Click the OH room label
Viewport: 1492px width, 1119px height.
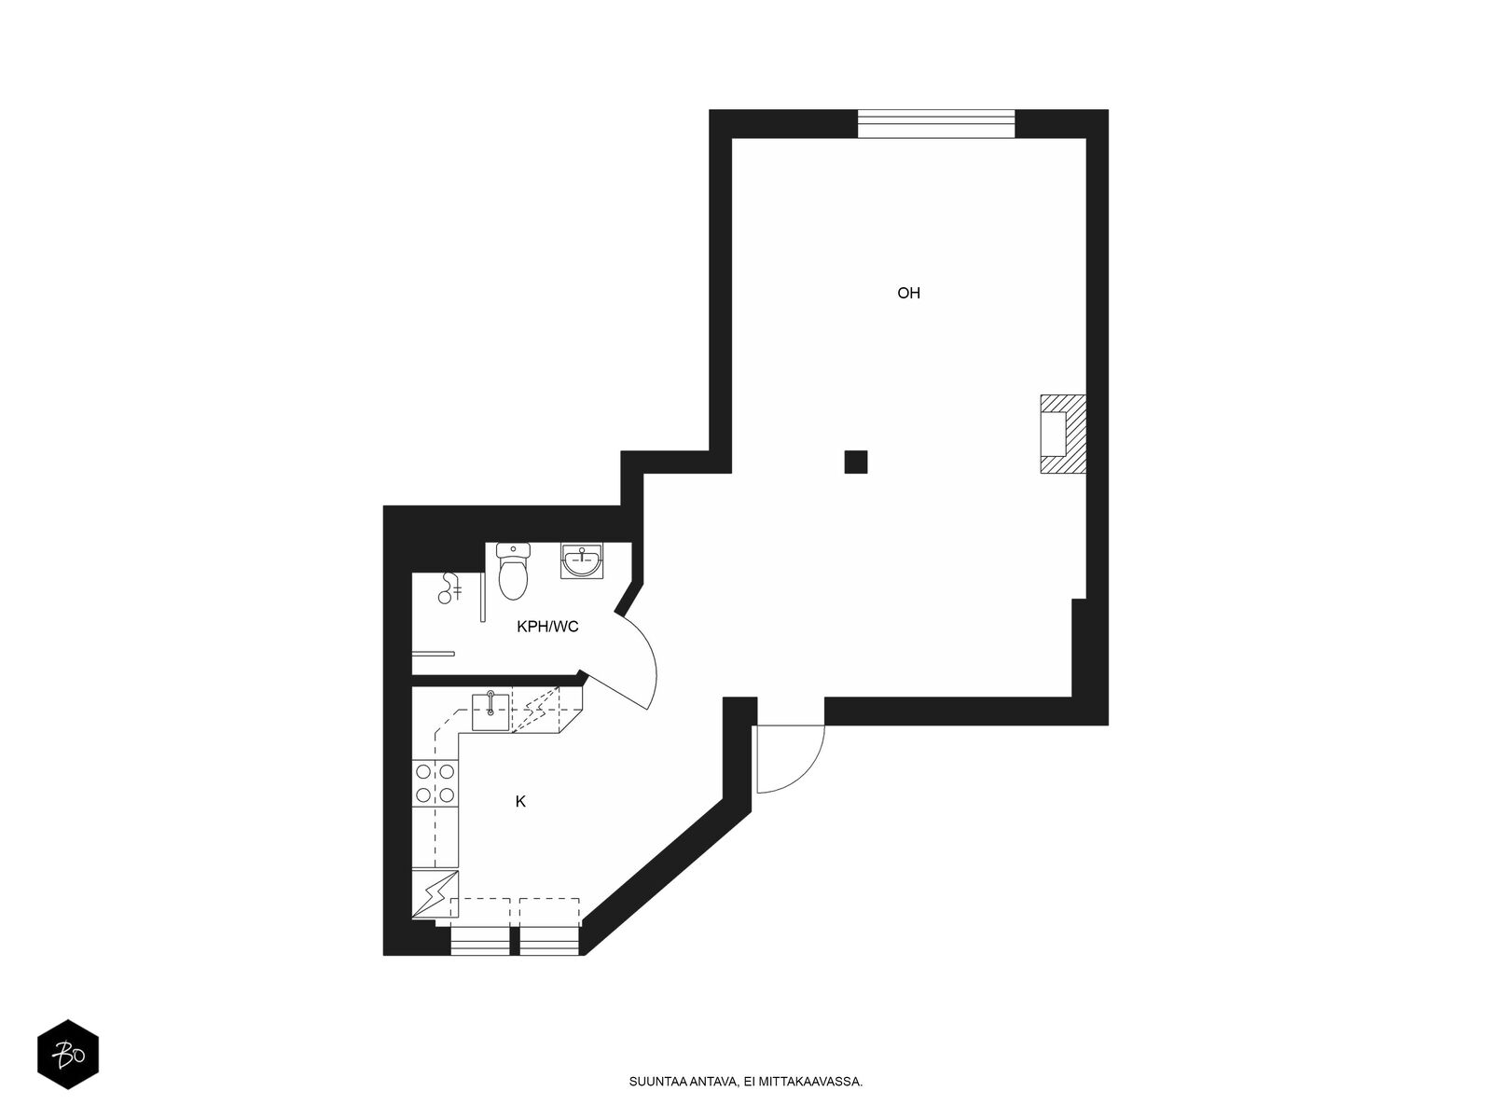point(908,293)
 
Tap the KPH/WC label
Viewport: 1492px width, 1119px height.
point(547,627)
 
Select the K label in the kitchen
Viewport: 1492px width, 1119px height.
point(520,802)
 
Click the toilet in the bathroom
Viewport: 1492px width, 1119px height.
point(513,572)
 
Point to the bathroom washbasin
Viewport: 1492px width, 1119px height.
point(582,560)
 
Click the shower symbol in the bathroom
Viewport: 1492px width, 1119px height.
point(450,587)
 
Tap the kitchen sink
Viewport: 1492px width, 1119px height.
point(490,712)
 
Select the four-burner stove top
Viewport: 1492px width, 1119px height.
point(435,782)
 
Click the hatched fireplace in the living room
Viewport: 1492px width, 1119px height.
point(1062,435)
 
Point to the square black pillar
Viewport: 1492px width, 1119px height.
point(856,462)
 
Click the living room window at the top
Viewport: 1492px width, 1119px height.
point(936,124)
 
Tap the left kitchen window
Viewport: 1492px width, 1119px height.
point(480,940)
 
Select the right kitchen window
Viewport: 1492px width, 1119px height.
point(549,940)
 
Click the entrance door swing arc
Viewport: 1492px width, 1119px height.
point(806,774)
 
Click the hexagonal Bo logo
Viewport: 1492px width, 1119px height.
point(68,1055)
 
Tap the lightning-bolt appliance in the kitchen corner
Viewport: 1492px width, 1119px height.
point(435,894)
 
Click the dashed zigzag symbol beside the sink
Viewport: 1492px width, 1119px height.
point(537,710)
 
